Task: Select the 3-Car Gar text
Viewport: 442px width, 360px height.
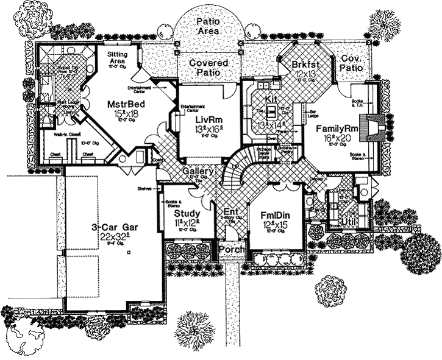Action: [x=115, y=227]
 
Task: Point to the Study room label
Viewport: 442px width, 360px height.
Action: [x=186, y=214]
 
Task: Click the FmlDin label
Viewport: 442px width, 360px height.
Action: [x=276, y=214]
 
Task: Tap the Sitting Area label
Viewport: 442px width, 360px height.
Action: [x=118, y=58]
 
